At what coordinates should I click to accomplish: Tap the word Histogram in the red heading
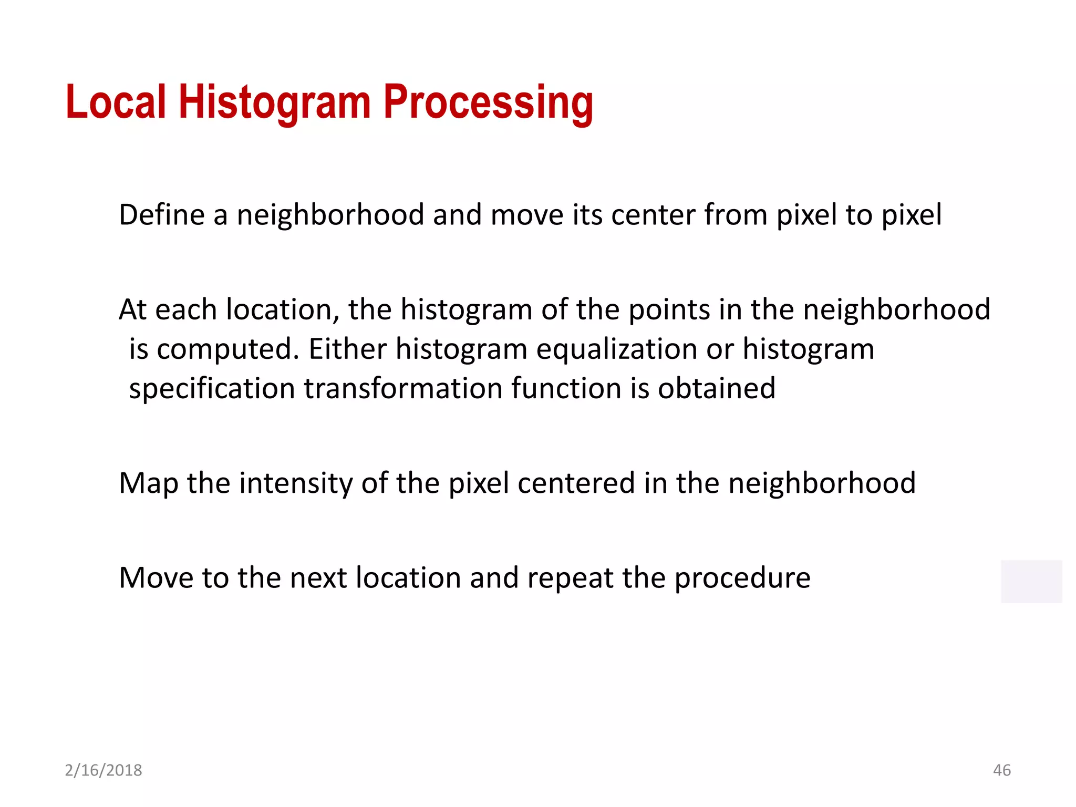pyautogui.click(x=275, y=102)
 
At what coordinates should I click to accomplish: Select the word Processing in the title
pyautogui.click(x=488, y=102)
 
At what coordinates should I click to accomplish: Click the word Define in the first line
pyautogui.click(x=161, y=215)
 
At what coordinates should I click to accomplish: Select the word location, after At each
pyautogui.click(x=283, y=309)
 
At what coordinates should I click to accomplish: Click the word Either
pyautogui.click(x=347, y=349)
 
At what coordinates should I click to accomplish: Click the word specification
pyautogui.click(x=212, y=389)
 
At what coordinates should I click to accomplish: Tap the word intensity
pyautogui.click(x=296, y=483)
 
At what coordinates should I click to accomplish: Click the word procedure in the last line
pyautogui.click(x=742, y=578)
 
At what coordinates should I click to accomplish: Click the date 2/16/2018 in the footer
pyautogui.click(x=104, y=770)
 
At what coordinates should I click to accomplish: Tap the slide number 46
pyautogui.click(x=1001, y=770)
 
